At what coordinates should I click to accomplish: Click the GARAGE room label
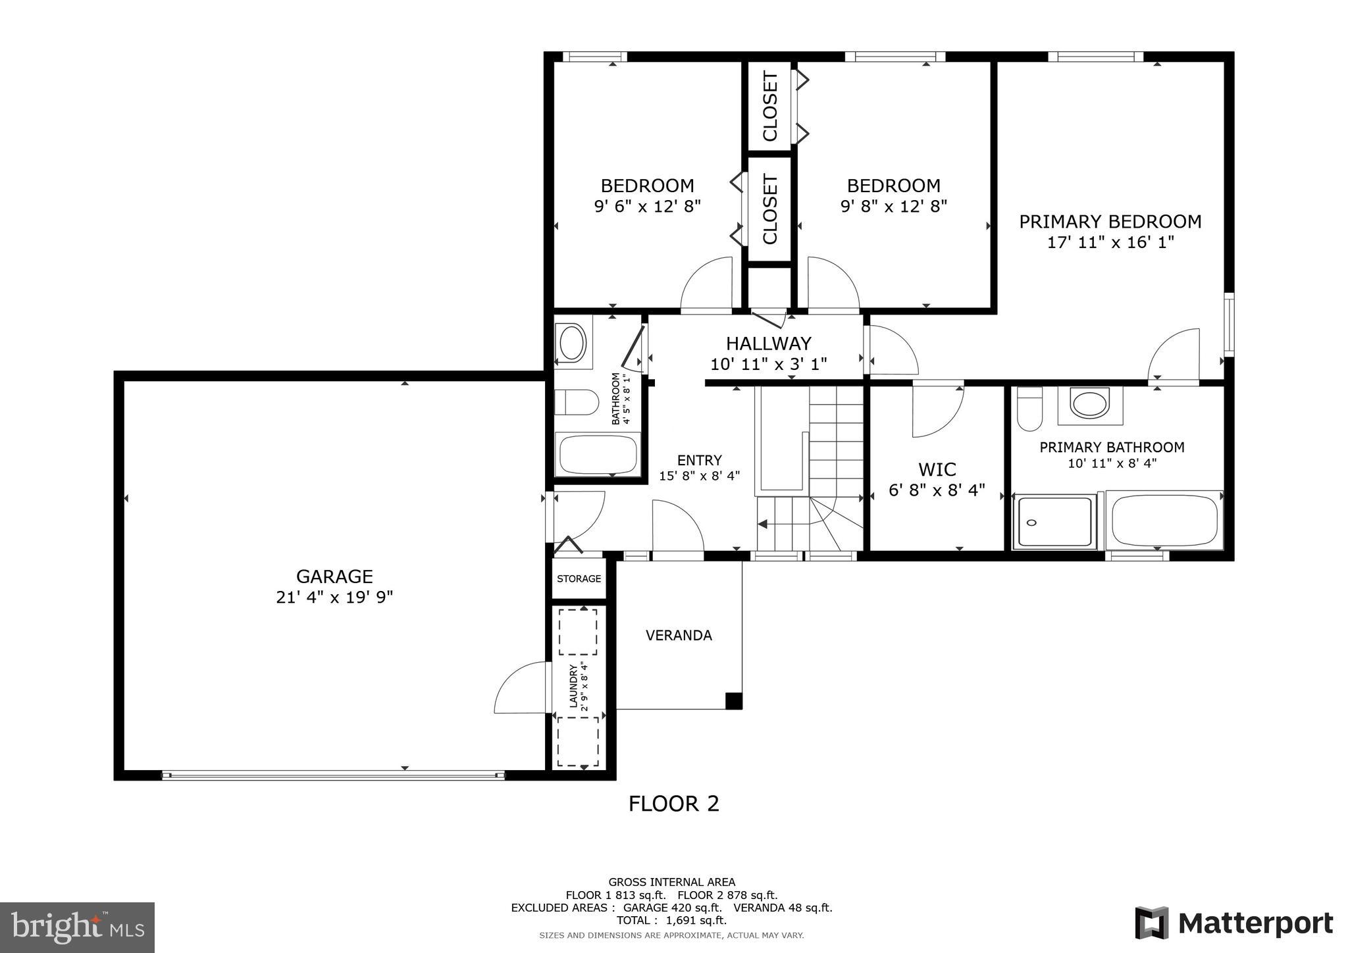pos(334,577)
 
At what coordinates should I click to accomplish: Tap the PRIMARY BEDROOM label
pos(1110,222)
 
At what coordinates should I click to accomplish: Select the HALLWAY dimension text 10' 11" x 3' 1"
pos(768,364)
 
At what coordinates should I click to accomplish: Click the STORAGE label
pos(579,579)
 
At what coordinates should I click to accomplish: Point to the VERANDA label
pos(679,635)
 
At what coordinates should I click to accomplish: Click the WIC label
pos(937,469)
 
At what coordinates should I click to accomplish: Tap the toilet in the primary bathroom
pos(1029,408)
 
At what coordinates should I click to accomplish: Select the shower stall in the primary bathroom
pos(1054,522)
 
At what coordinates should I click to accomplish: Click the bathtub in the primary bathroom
pos(1164,520)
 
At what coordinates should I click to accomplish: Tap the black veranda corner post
pos(733,701)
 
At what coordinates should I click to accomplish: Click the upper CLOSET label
pos(770,107)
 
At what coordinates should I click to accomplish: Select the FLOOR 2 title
pos(673,804)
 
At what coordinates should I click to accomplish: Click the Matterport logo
pos(1233,923)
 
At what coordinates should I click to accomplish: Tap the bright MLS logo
pos(78,927)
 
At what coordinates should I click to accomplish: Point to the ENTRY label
pos(699,460)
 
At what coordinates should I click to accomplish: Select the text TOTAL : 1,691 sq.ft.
pos(671,920)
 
